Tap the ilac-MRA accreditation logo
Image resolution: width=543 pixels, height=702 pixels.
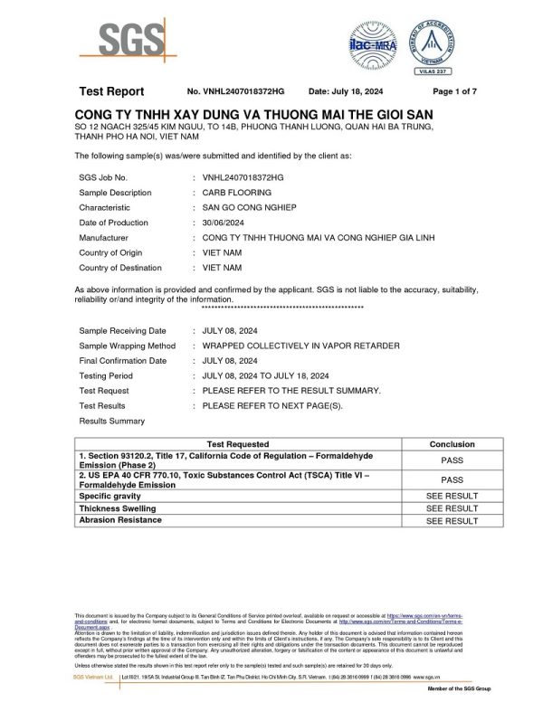372,43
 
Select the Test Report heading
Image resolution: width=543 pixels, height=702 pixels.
111,91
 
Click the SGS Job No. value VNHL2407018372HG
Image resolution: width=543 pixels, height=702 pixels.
243,177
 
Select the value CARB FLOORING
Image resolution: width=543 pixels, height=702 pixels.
237,193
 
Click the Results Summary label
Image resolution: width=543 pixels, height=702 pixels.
111,421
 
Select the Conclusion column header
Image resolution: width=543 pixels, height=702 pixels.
452,444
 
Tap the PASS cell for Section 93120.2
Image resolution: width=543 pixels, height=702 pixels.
452,460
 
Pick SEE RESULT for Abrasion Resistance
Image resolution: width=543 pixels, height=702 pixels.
452,521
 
